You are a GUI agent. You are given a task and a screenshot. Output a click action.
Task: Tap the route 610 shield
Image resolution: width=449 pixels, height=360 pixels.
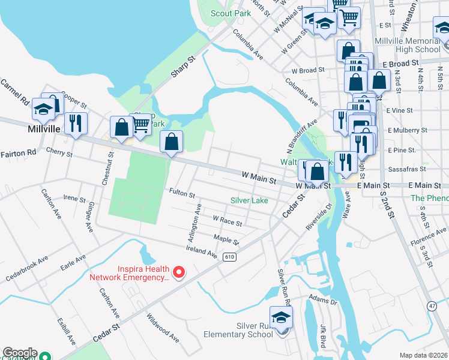(x=229, y=257)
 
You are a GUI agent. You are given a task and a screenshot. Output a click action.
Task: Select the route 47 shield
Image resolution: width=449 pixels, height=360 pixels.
(x=432, y=307)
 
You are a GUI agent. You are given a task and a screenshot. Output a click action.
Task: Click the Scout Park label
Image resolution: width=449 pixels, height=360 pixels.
(x=231, y=13)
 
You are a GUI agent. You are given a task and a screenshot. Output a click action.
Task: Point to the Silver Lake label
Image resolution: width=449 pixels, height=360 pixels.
(x=249, y=200)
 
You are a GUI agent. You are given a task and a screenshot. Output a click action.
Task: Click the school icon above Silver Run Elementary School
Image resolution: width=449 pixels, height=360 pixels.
(x=280, y=317)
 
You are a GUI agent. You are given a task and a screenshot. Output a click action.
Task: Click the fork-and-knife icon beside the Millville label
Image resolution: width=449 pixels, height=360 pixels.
(x=76, y=123)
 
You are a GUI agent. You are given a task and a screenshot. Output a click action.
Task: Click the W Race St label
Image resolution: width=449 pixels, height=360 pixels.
(x=228, y=221)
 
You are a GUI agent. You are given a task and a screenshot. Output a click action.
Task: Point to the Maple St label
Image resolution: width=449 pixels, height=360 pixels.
(x=226, y=240)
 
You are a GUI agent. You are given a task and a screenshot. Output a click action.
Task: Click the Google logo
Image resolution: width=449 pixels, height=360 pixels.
(x=19, y=353)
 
